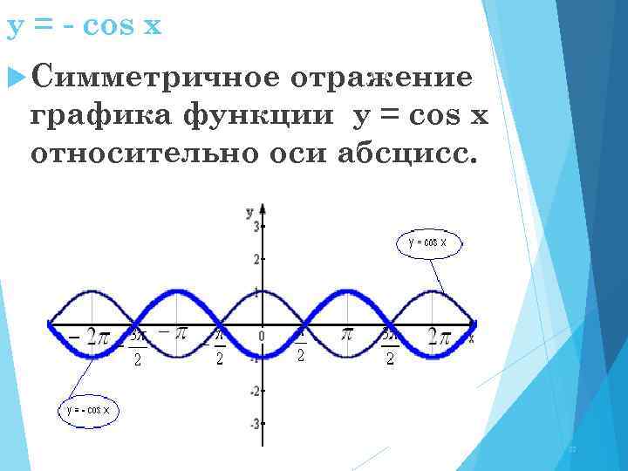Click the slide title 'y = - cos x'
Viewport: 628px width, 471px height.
pos(85,25)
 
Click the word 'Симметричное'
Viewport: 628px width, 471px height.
pos(154,78)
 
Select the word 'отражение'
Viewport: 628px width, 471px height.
pos(383,78)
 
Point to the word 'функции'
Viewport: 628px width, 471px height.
pos(258,116)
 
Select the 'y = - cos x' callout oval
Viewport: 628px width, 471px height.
pos(88,408)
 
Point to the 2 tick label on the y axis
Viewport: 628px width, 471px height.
pos(256,260)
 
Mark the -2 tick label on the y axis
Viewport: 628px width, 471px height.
pos(254,391)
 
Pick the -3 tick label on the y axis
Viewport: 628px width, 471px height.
pos(254,423)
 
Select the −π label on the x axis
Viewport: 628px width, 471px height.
pos(174,332)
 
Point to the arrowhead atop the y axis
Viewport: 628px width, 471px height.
pos(262,209)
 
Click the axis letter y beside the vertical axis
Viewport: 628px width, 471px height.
pos(249,211)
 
